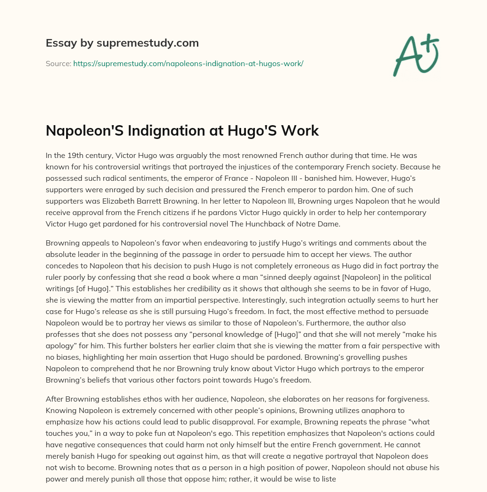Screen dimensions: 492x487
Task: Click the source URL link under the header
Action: pos(188,63)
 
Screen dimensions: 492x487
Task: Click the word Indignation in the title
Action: pos(166,131)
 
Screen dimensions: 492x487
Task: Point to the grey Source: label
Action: pos(58,63)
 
